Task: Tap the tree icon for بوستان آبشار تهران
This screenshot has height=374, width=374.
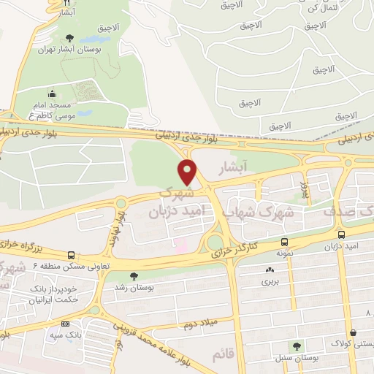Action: [x=69, y=38]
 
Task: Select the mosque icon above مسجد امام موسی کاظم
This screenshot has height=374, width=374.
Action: [x=52, y=93]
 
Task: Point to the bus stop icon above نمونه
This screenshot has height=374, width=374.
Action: [x=284, y=242]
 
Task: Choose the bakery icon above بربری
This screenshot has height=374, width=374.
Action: [x=270, y=270]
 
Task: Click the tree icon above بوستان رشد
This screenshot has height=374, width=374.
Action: [x=133, y=275]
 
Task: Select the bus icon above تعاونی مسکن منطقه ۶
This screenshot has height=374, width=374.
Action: [x=70, y=255]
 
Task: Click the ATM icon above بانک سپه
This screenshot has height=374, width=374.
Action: [x=66, y=324]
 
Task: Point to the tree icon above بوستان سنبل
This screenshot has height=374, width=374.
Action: [x=297, y=346]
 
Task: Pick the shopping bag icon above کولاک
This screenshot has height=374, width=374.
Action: [x=353, y=332]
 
